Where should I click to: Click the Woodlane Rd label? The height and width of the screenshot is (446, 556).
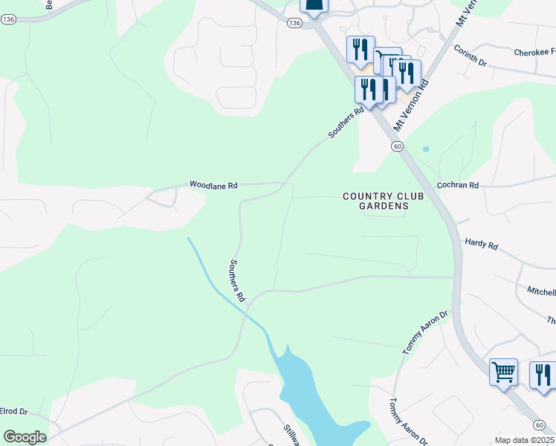pyautogui.click(x=213, y=184)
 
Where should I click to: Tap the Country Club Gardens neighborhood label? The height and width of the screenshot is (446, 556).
pyautogui.click(x=384, y=201)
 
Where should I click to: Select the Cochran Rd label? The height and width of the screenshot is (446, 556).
pyautogui.click(x=458, y=184)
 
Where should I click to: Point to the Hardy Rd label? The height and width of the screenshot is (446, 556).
pyautogui.click(x=481, y=243)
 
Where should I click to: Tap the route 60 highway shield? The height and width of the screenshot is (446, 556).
pyautogui.click(x=398, y=147)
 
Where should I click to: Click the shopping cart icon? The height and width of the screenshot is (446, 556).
pyautogui.click(x=503, y=372)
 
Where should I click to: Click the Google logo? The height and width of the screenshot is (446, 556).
pyautogui.click(x=25, y=437)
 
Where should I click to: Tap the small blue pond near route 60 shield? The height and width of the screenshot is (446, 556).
pyautogui.click(x=425, y=149)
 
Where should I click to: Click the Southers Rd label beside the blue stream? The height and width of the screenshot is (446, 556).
pyautogui.click(x=237, y=280)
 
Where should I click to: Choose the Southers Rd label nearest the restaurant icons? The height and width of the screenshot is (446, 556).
pyautogui.click(x=346, y=123)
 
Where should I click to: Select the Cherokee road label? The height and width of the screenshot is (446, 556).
pyautogui.click(x=534, y=53)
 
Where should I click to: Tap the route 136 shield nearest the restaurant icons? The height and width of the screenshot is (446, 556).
pyautogui.click(x=294, y=24)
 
